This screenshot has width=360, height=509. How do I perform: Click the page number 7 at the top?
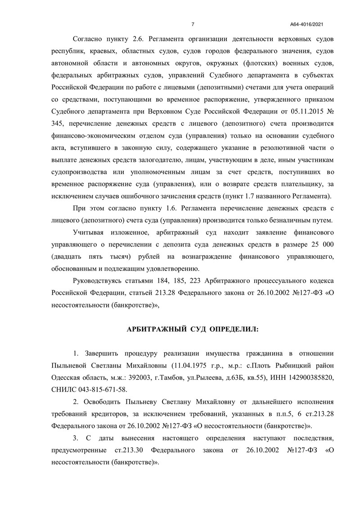(192, 24)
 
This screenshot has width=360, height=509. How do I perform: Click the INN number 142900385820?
(311, 376)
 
